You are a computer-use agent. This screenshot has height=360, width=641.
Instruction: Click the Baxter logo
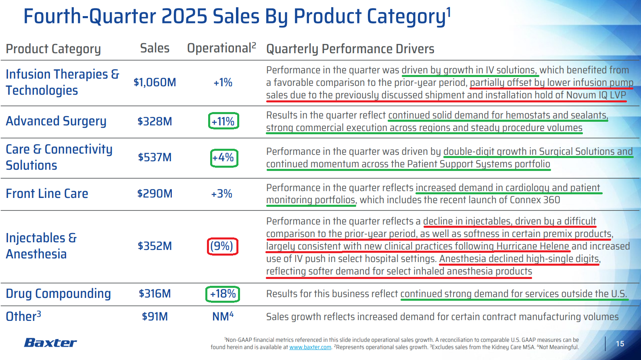50,343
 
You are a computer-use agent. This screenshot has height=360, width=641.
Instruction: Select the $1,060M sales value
155,82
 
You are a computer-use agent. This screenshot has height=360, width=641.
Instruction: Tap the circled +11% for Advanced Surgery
223,121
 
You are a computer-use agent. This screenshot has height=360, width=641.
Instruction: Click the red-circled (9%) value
222,246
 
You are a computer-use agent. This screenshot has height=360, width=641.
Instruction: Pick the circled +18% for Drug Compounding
223,294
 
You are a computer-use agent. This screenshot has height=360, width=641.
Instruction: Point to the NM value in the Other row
223,316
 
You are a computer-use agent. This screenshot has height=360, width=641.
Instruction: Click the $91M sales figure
155,316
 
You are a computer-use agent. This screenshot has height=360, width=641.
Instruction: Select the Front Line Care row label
47,194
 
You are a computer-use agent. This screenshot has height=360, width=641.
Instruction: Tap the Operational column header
221,48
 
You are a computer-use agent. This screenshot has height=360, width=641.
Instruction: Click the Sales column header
155,48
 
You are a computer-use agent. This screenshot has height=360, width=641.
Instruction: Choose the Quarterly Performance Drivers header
350,49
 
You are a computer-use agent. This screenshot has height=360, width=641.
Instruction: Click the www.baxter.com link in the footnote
310,347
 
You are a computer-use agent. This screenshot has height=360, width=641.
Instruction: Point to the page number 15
620,344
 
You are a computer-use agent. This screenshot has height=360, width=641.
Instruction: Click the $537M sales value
155,157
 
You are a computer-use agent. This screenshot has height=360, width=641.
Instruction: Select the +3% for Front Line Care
221,194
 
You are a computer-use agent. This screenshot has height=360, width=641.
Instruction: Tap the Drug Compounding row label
58,293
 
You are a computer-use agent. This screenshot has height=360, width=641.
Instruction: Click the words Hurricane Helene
532,246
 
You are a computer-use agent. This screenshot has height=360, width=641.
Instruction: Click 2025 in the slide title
185,17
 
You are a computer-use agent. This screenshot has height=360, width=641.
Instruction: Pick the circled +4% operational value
224,158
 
